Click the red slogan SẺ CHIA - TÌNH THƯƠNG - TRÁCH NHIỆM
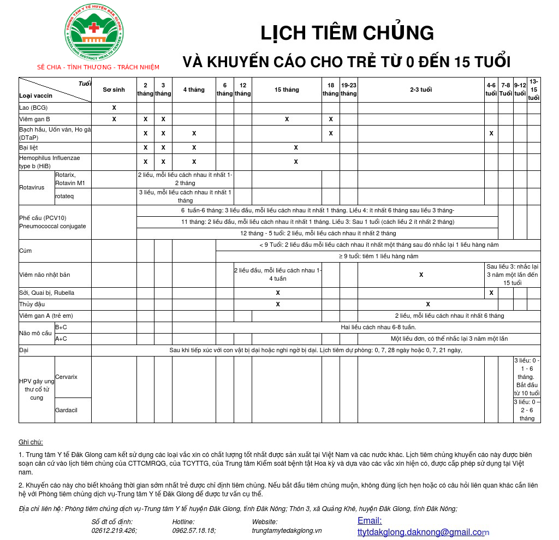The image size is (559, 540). (98, 67)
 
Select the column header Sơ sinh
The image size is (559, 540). (114, 90)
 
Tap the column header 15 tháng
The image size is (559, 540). (287, 90)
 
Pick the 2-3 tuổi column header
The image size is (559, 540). (421, 90)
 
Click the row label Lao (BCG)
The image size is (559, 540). (33, 108)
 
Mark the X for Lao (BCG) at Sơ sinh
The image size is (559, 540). (114, 108)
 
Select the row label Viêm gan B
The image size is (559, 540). (35, 119)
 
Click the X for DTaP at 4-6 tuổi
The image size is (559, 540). (491, 133)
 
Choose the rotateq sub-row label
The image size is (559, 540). (64, 196)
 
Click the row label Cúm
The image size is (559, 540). (25, 251)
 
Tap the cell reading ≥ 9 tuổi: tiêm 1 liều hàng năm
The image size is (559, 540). (378, 256)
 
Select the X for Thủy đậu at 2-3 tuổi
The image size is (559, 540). (428, 304)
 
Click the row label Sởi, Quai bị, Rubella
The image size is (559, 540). (47, 293)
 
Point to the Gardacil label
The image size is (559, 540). (66, 410)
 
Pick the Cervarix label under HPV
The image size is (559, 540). (66, 377)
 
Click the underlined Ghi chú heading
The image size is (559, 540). (31, 442)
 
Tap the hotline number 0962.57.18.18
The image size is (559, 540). (194, 530)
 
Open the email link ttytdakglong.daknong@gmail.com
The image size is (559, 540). (421, 532)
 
